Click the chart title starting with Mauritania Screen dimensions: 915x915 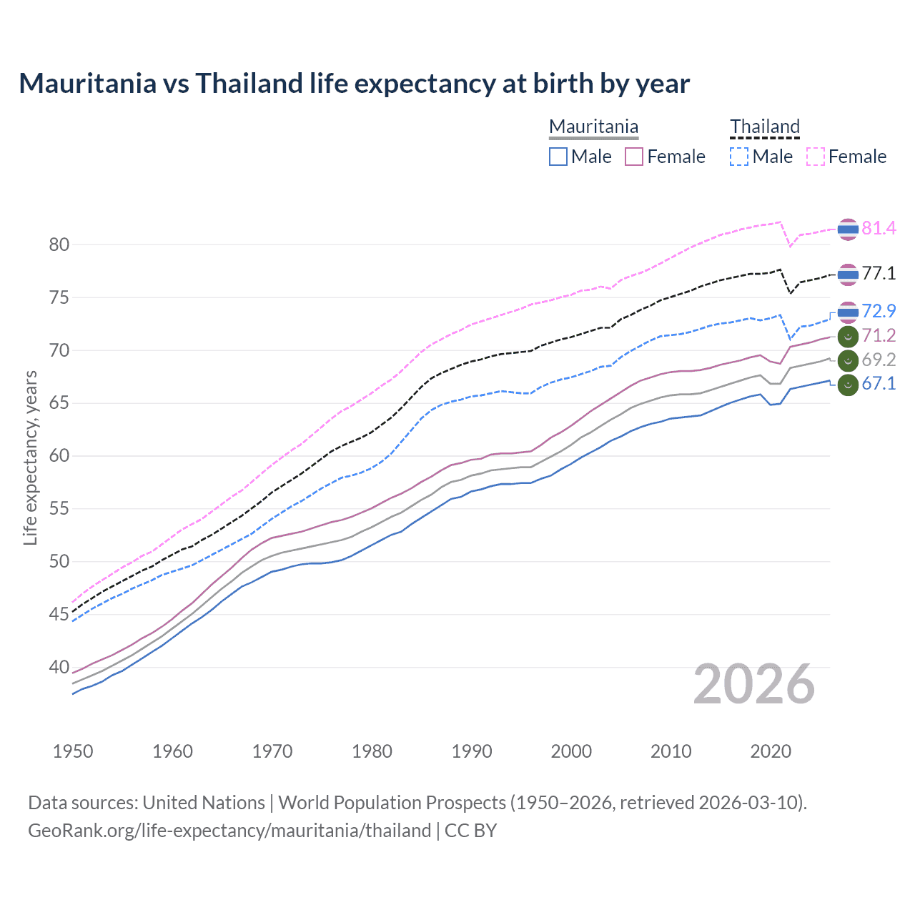[x=354, y=84]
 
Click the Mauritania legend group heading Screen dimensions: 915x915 [x=593, y=127]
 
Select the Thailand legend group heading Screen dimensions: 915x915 [x=764, y=127]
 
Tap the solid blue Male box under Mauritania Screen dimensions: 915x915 [x=558, y=157]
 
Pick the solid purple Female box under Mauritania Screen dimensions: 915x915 [x=634, y=157]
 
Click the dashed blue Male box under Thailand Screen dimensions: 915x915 [x=739, y=157]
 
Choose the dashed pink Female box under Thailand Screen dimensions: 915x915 [x=816, y=157]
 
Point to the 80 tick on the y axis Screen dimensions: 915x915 [x=59, y=244]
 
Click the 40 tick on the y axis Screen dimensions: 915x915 [x=59, y=668]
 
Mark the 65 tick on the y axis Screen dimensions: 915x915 [x=59, y=403]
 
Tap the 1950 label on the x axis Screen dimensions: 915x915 [x=73, y=751]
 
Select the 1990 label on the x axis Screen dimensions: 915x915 [x=472, y=751]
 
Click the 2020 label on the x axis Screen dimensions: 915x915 [x=771, y=751]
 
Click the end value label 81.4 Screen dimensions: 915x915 [x=879, y=228]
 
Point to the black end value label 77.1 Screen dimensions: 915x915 [x=879, y=273]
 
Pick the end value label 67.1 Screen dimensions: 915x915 [x=879, y=384]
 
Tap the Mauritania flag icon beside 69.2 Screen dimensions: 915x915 [x=848, y=360]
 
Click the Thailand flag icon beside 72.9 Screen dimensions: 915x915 [x=848, y=312]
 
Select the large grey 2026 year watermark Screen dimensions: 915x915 [x=754, y=684]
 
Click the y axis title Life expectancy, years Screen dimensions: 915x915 [x=30, y=457]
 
